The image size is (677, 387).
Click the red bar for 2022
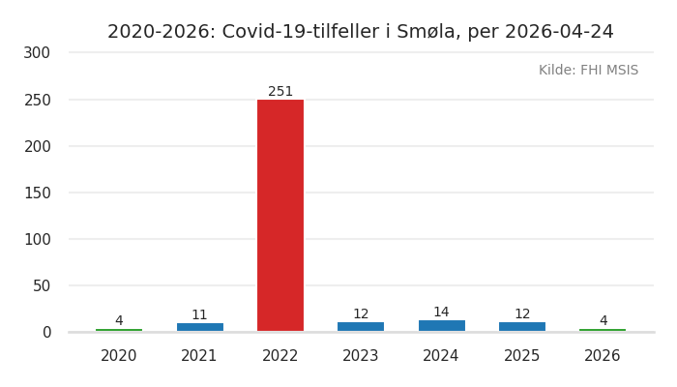coord(280,215)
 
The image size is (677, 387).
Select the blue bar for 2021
coord(199,327)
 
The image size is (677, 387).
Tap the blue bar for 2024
coord(441,326)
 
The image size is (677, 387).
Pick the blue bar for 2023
coord(361,327)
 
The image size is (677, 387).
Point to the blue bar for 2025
coord(522,327)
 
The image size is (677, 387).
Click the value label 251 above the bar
coord(280,92)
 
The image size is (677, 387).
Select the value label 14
coord(441,313)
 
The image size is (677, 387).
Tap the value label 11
coord(199,315)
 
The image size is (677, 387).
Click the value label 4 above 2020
coord(119,321)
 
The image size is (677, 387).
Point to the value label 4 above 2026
coord(603,321)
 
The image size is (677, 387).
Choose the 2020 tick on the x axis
coord(119,356)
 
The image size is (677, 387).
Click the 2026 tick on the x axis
coord(603,356)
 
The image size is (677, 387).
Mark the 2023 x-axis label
coord(361,356)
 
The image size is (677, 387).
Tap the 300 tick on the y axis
coord(37,53)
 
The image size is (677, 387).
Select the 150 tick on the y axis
coord(37,193)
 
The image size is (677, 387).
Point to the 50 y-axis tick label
coord(42,285)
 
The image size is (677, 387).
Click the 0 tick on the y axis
coord(46,332)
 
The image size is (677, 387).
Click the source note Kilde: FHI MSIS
coord(588,71)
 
